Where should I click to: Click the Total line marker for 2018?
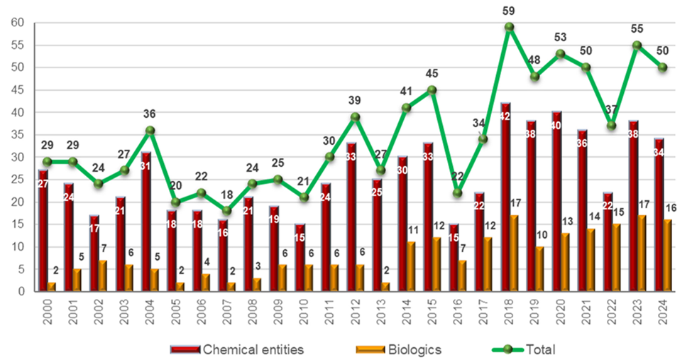tap(509, 27)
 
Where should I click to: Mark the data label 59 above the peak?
tap(509, 11)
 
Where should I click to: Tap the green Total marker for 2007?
tap(226, 211)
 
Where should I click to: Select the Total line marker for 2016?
tap(457, 193)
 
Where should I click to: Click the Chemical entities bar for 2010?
tap(300, 258)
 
